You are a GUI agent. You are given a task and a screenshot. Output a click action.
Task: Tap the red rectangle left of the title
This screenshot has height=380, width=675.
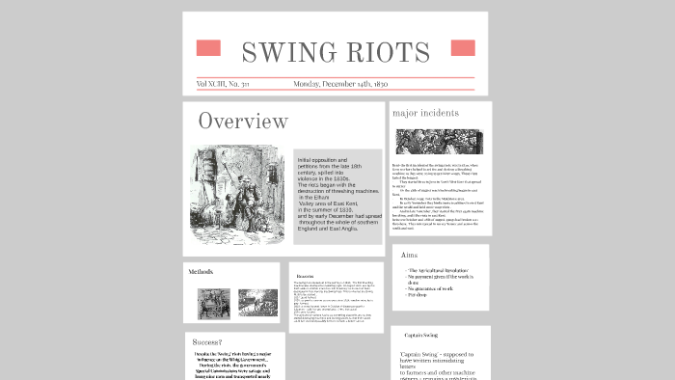click(x=208, y=48)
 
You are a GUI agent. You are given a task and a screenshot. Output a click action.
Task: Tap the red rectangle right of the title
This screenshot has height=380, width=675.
click(x=462, y=48)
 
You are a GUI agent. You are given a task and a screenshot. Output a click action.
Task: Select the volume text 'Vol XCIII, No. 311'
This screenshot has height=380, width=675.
click(x=223, y=85)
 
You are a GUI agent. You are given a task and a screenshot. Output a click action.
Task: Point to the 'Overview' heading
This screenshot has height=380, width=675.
click(x=243, y=122)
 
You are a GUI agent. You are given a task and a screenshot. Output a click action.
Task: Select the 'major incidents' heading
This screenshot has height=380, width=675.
click(x=425, y=114)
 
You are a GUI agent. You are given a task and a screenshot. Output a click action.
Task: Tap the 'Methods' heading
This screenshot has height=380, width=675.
click(x=201, y=272)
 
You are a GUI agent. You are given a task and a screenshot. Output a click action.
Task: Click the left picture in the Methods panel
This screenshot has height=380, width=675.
click(x=210, y=304)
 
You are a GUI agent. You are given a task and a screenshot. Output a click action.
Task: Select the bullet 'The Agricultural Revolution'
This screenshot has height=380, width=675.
click(x=438, y=271)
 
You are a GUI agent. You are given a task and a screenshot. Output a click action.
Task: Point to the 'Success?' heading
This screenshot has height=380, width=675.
click(x=207, y=342)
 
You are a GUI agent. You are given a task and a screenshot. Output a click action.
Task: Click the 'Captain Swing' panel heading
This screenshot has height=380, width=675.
click(x=420, y=336)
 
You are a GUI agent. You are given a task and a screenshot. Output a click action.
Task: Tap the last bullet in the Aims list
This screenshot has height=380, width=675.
click(x=418, y=293)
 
